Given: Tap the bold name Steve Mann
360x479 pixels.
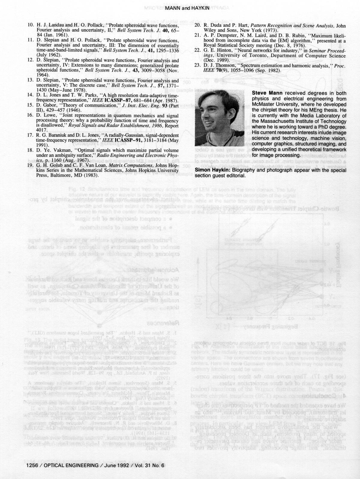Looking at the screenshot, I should tap(265, 93).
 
